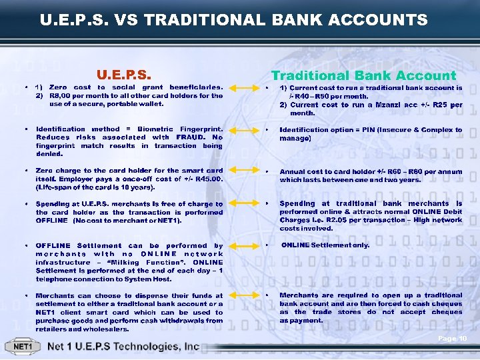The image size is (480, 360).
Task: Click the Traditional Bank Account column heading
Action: coord(363,75)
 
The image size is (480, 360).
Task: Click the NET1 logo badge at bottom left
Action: coord(24,347)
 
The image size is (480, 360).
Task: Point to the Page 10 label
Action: coord(452,339)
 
